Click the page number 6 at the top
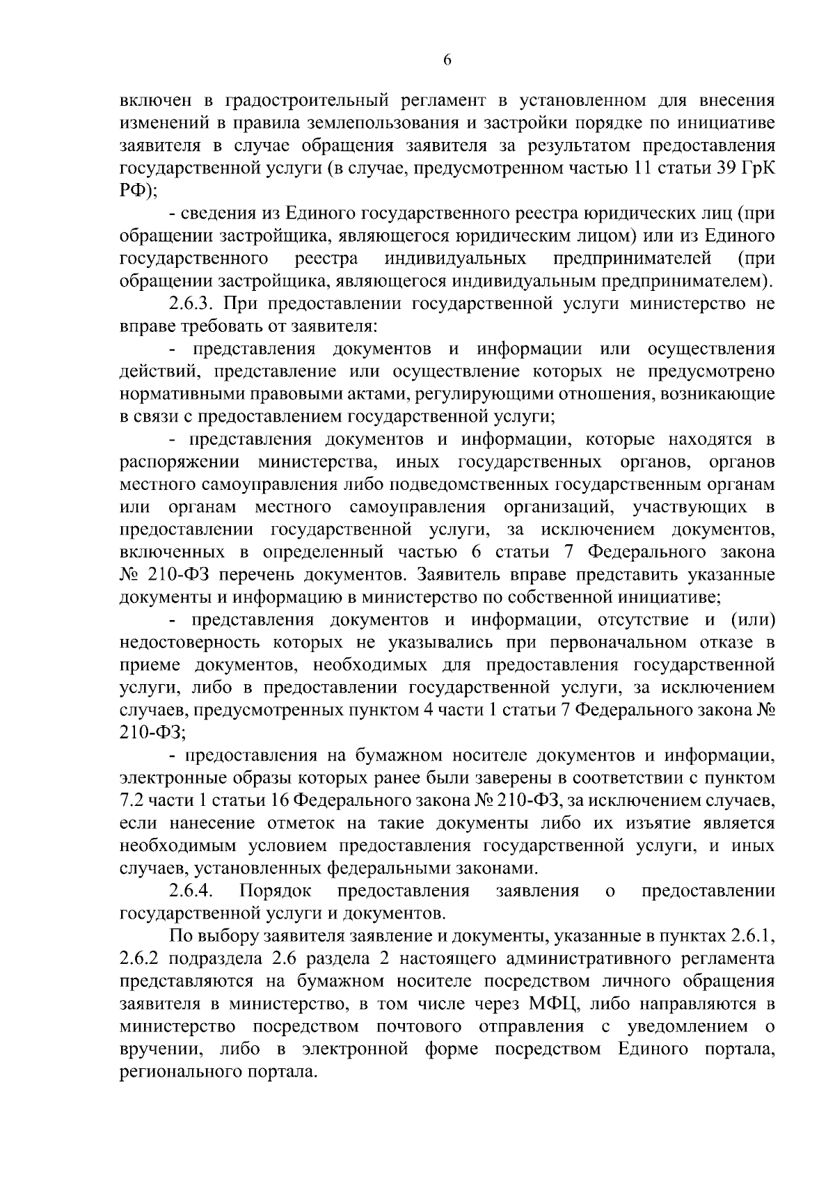tap(447, 61)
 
